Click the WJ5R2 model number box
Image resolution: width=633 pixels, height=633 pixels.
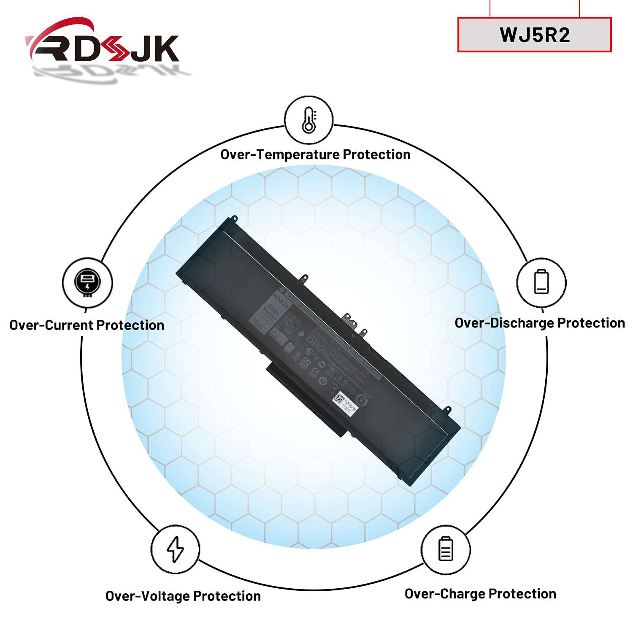click(534, 35)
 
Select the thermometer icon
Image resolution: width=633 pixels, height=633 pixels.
click(308, 120)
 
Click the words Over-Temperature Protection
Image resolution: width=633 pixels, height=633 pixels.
click(315, 154)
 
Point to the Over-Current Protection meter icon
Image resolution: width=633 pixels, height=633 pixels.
click(87, 282)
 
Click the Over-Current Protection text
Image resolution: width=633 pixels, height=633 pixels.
click(87, 325)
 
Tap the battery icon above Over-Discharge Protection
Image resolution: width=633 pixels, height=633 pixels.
click(541, 282)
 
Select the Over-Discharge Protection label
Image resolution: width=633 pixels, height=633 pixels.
click(539, 323)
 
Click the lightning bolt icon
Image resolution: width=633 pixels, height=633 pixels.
click(175, 549)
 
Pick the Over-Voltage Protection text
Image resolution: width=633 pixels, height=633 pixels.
click(183, 596)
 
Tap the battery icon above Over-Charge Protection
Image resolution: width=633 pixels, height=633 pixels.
click(445, 549)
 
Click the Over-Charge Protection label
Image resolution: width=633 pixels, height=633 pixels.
click(480, 594)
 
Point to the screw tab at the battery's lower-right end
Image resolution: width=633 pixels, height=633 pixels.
click(448, 409)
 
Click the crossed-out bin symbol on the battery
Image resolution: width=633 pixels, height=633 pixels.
click(332, 386)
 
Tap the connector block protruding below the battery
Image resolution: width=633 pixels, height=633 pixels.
click(308, 401)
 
